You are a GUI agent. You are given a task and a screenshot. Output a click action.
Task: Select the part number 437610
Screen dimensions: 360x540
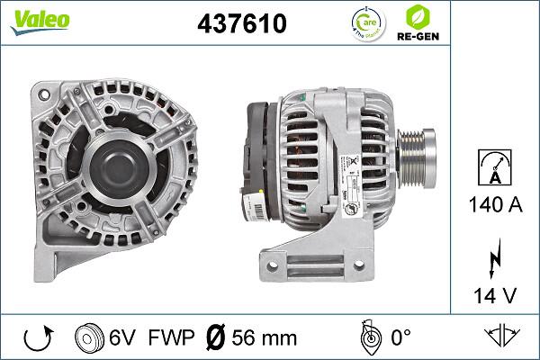tap(241, 24)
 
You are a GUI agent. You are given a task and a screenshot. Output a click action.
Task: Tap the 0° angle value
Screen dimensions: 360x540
tap(400, 337)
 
